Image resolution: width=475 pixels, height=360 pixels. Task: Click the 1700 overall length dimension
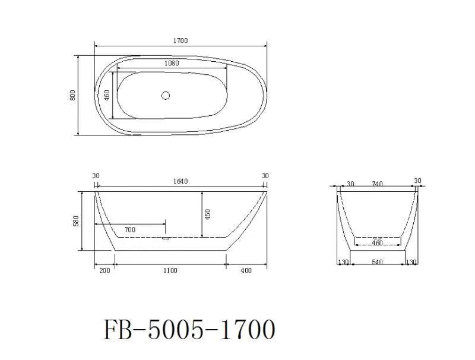tap(180, 41)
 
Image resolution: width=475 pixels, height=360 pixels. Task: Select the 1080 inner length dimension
tap(172, 63)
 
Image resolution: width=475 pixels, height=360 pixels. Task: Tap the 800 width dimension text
tap(72, 95)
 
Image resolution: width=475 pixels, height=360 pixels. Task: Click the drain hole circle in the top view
tap(166, 95)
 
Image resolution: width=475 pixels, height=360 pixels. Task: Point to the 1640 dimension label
tap(180, 182)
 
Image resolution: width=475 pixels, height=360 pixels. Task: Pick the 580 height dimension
tap(75, 221)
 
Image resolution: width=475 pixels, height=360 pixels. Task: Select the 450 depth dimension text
tap(207, 214)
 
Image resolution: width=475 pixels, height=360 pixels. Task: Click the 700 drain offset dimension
tap(129, 229)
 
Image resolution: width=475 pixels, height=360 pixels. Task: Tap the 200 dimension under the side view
tap(104, 271)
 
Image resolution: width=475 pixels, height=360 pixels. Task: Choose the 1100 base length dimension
tap(170, 271)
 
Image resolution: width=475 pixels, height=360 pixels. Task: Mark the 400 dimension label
tap(246, 271)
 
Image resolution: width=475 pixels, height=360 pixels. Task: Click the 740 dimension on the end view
tap(376, 184)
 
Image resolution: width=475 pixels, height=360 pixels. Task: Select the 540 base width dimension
tap(378, 262)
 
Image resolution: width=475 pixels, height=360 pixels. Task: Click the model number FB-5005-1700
tap(189, 329)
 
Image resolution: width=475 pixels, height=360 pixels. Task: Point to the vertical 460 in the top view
tap(107, 96)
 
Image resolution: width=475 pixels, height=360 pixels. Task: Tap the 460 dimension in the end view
tap(377, 243)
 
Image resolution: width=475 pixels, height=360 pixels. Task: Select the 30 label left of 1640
tap(96, 175)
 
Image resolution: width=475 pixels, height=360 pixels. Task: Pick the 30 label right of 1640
tap(265, 175)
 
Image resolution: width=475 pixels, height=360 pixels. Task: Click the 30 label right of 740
tap(417, 181)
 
